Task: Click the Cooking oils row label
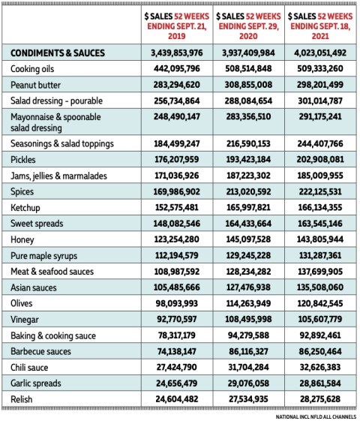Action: point(32,69)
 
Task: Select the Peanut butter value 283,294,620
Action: point(177,85)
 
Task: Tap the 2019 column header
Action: point(177,26)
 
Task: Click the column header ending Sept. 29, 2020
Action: point(248,26)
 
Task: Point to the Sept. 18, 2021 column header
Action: point(320,26)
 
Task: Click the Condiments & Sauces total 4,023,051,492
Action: point(320,53)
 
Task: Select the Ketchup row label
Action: point(25,208)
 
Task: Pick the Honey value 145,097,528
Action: point(248,239)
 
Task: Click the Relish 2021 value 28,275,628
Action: point(320,398)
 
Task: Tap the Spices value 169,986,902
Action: point(177,191)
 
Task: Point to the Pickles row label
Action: point(23,160)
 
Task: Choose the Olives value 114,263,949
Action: point(248,303)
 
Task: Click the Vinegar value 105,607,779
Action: point(320,319)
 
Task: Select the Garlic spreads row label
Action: point(36,383)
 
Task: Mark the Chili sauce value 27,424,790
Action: point(177,367)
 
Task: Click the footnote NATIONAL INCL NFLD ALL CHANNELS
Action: point(316,416)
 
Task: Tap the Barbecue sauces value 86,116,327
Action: point(248,351)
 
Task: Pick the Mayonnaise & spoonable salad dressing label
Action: point(55,122)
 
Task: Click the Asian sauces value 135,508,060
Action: point(320,287)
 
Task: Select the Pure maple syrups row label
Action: point(43,256)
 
